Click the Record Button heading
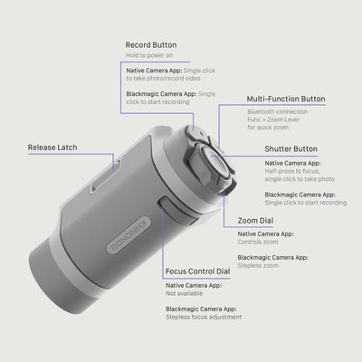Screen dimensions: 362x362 151,45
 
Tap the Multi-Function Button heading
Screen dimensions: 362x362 286,99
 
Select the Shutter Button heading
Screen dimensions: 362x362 291,149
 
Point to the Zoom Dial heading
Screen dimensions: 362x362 255,221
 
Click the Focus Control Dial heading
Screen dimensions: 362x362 197,271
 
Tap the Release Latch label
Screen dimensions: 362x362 52,148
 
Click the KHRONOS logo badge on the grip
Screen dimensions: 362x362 129,234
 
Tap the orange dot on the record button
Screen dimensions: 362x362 200,132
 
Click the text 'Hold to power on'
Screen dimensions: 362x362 149,55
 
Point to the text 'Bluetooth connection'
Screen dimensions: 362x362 278,111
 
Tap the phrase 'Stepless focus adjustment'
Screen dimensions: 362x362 204,317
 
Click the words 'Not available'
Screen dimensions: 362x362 184,293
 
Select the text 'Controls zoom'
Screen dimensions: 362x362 258,242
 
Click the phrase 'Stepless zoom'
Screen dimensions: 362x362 258,265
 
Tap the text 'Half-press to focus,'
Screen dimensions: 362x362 292,171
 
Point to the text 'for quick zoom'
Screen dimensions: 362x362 268,128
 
